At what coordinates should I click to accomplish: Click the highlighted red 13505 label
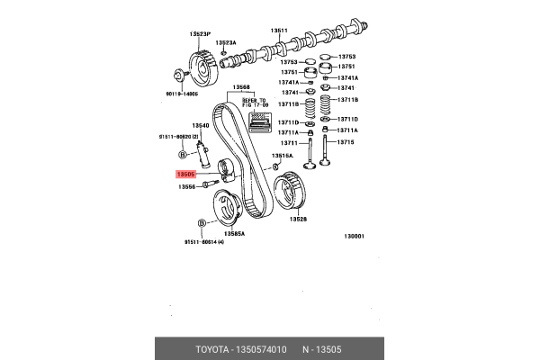[x=187, y=175]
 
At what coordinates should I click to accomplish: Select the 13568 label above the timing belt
[x=241, y=88]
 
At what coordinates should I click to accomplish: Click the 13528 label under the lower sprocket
[x=298, y=219]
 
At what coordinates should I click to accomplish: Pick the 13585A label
[x=234, y=232]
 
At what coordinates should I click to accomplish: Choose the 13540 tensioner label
[x=201, y=126]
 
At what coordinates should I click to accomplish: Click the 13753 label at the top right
[x=346, y=56]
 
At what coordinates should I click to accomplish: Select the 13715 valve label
[x=346, y=142]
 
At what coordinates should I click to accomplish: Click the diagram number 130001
[x=353, y=237]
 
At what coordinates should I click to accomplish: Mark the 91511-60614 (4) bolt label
[x=204, y=242]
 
